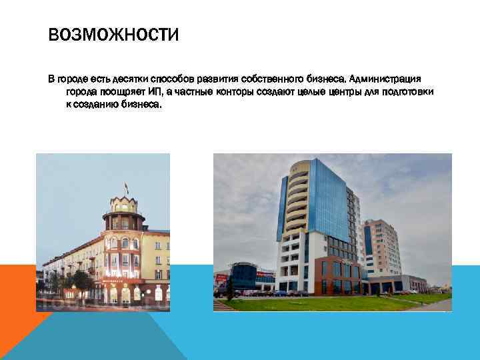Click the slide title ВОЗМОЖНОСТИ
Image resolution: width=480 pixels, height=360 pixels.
[113, 34]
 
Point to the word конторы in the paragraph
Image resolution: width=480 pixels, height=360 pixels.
[235, 92]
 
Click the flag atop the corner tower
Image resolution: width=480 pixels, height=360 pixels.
[126, 189]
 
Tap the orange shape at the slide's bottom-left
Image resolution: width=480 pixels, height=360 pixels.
[20, 300]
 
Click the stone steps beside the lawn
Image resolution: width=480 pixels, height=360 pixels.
[224, 305]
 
